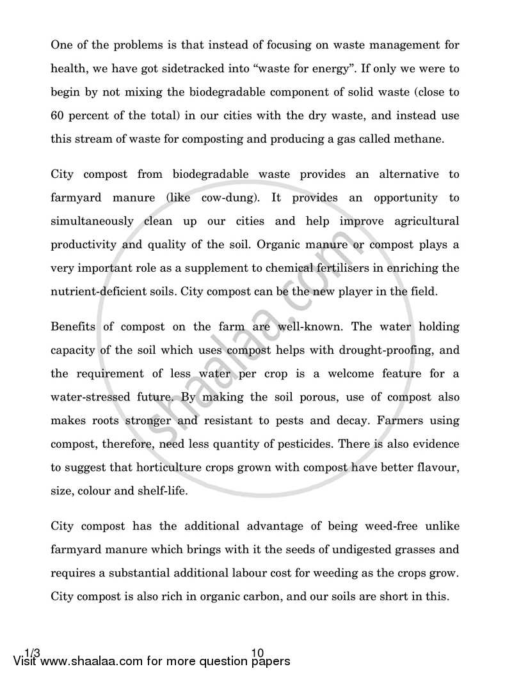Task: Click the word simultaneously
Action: [x=92, y=221]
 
